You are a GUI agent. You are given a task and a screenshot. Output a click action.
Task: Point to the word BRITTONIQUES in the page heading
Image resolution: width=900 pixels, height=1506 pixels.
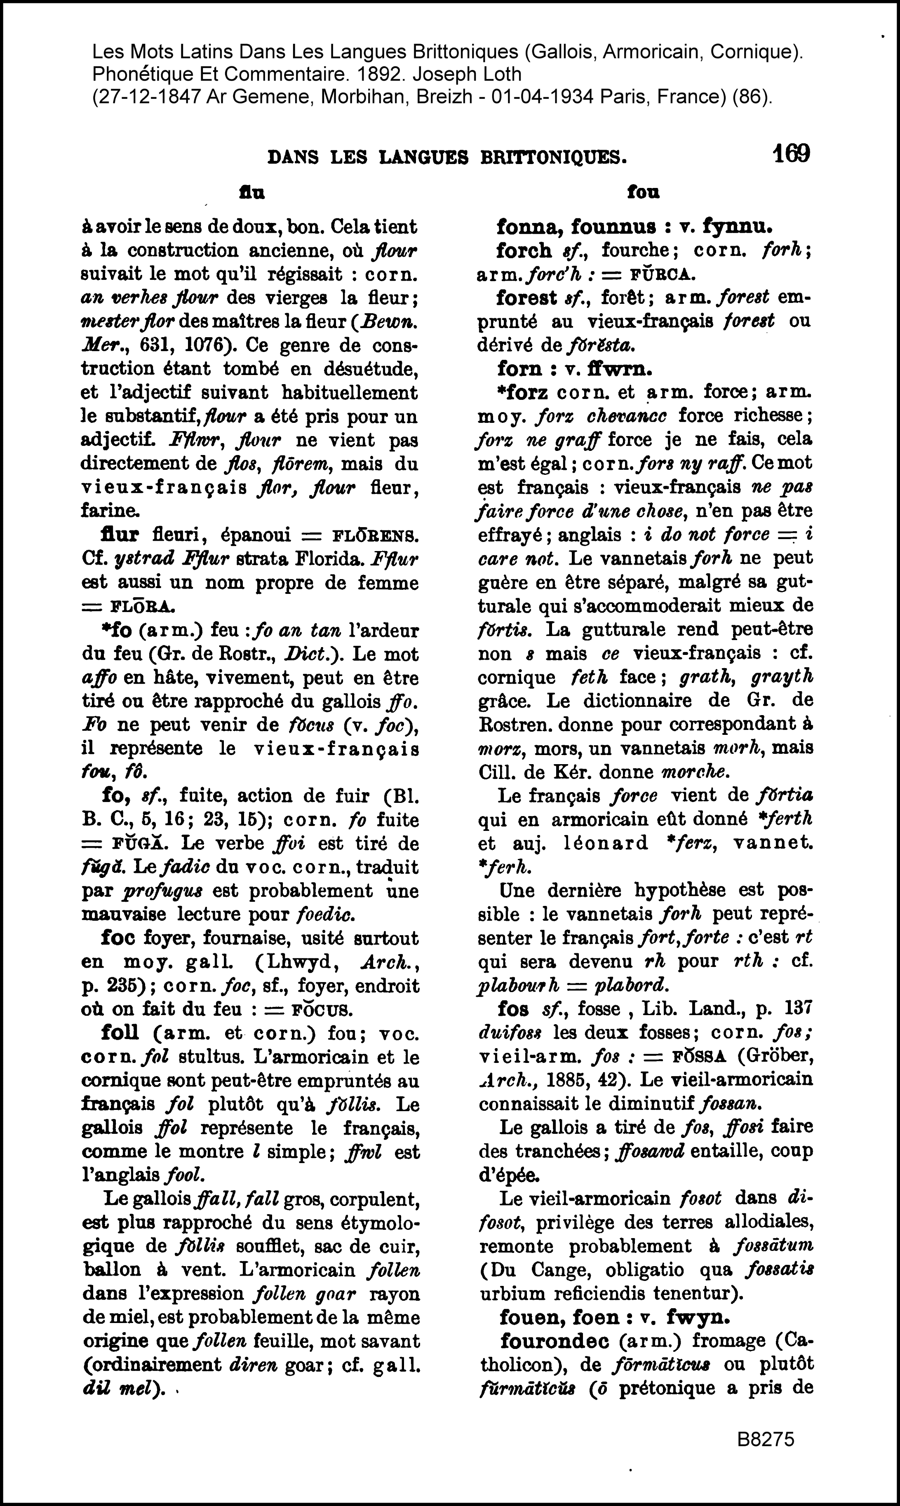(x=553, y=157)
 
